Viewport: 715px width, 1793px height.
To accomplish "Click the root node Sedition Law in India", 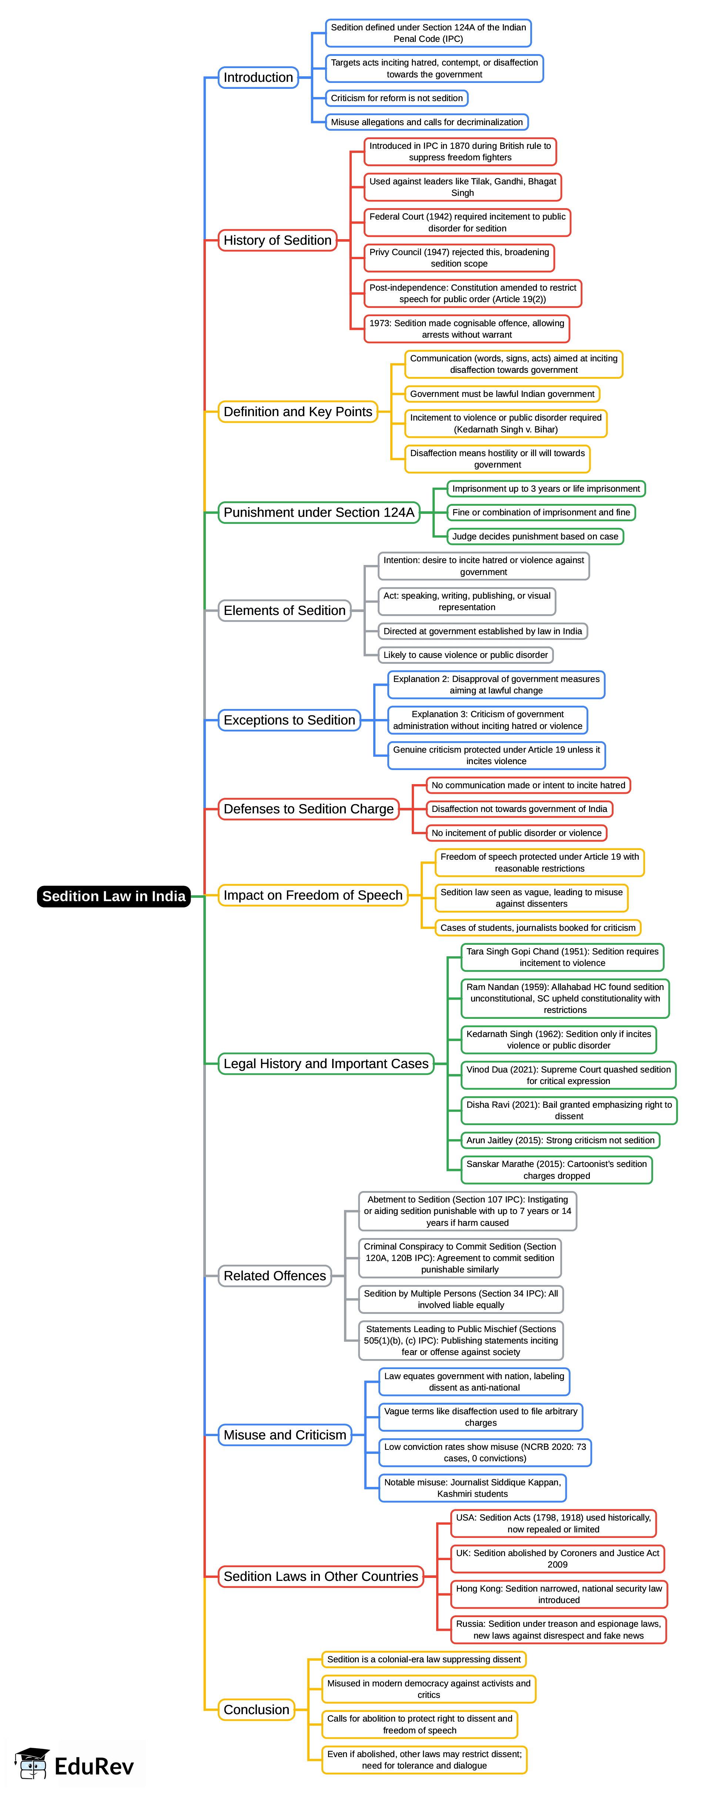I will pos(113,896).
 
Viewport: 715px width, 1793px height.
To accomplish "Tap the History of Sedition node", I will pos(277,240).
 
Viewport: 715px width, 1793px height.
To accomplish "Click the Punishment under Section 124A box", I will pos(319,512).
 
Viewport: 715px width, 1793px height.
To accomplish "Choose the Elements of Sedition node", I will pos(284,611).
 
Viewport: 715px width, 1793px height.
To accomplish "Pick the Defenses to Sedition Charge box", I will pos(308,809).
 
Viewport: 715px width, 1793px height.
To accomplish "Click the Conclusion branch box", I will pos(256,1709).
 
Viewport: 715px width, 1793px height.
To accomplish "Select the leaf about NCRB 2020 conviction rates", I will pos(485,1453).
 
